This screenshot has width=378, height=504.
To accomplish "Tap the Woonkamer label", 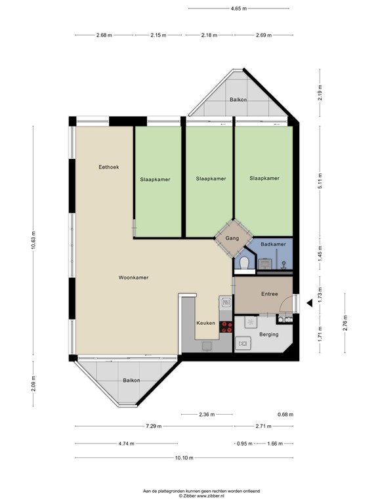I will (133, 278).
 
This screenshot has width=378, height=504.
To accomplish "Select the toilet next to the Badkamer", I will (243, 263).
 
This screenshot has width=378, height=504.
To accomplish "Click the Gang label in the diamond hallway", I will (231, 239).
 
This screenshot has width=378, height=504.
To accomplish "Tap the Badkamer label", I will (272, 244).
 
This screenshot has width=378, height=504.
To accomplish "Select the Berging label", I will (268, 334).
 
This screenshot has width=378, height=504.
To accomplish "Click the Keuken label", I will (205, 324).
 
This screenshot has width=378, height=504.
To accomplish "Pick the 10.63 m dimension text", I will (33, 241).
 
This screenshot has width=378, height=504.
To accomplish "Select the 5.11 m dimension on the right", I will (320, 185).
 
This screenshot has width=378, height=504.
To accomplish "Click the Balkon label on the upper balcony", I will (238, 100).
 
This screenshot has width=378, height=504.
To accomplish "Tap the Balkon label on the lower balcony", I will (131, 380).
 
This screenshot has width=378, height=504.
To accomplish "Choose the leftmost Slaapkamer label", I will (155, 178).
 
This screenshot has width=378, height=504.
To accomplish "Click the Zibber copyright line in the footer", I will (188, 495).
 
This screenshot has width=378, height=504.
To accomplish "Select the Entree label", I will (269, 294).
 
